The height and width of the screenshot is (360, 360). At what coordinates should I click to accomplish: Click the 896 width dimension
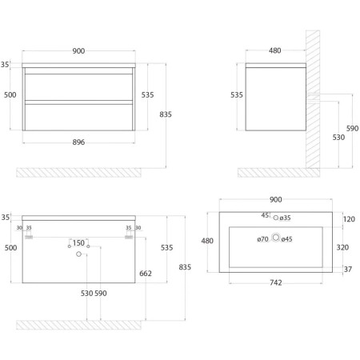click(78, 142)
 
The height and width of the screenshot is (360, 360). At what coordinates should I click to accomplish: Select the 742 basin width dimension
click(276, 282)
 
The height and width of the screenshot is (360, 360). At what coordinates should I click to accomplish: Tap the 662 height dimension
click(146, 274)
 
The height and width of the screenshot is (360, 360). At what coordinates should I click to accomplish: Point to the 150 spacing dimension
click(78, 243)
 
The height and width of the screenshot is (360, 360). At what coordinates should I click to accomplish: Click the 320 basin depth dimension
click(342, 247)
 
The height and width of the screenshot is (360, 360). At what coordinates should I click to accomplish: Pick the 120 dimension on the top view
click(349, 219)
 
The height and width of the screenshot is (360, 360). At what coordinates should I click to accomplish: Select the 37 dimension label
click(348, 270)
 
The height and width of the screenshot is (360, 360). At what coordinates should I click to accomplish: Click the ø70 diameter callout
click(262, 239)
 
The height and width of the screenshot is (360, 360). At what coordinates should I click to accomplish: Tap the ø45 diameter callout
click(286, 239)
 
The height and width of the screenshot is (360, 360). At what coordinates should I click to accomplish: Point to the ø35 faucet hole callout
click(285, 218)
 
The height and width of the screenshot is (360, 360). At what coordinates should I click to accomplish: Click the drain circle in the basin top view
click(276, 237)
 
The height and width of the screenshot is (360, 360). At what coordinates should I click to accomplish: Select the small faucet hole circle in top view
click(276, 218)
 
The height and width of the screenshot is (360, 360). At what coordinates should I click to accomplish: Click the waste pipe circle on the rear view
click(78, 254)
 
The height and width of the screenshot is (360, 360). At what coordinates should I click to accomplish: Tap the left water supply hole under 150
click(70, 246)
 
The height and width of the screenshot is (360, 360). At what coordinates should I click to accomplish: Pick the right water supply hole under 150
click(88, 246)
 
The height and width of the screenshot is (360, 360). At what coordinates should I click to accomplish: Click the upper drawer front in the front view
click(78, 87)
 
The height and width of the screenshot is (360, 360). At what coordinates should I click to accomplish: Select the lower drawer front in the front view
click(78, 118)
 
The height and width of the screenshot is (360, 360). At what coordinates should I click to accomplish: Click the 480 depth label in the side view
click(275, 50)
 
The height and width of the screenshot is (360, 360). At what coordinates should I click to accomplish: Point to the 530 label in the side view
click(338, 138)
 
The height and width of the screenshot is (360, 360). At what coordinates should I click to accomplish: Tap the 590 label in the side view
click(352, 129)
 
